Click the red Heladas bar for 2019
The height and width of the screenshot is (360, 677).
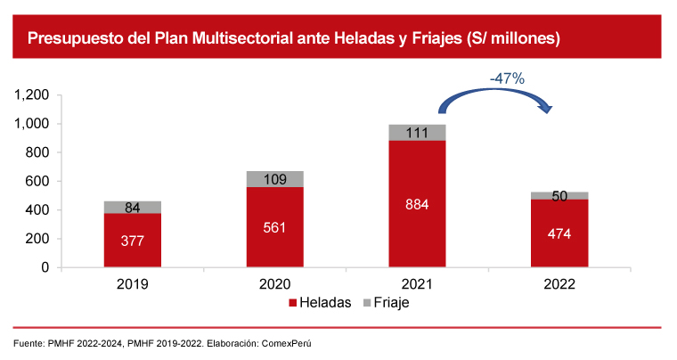133,254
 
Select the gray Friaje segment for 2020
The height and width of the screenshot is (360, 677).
275,179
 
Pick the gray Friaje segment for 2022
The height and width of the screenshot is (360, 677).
559,195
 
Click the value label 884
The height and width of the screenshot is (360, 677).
417,204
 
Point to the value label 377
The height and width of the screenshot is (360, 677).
133,241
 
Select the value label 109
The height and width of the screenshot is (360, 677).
275,179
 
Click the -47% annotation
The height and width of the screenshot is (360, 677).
507,79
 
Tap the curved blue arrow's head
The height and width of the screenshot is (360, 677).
547,109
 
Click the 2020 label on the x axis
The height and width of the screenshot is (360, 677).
275,284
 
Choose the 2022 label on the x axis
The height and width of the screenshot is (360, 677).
559,284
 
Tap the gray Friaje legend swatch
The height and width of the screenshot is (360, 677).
368,303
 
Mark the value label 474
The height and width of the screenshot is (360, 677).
559,234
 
